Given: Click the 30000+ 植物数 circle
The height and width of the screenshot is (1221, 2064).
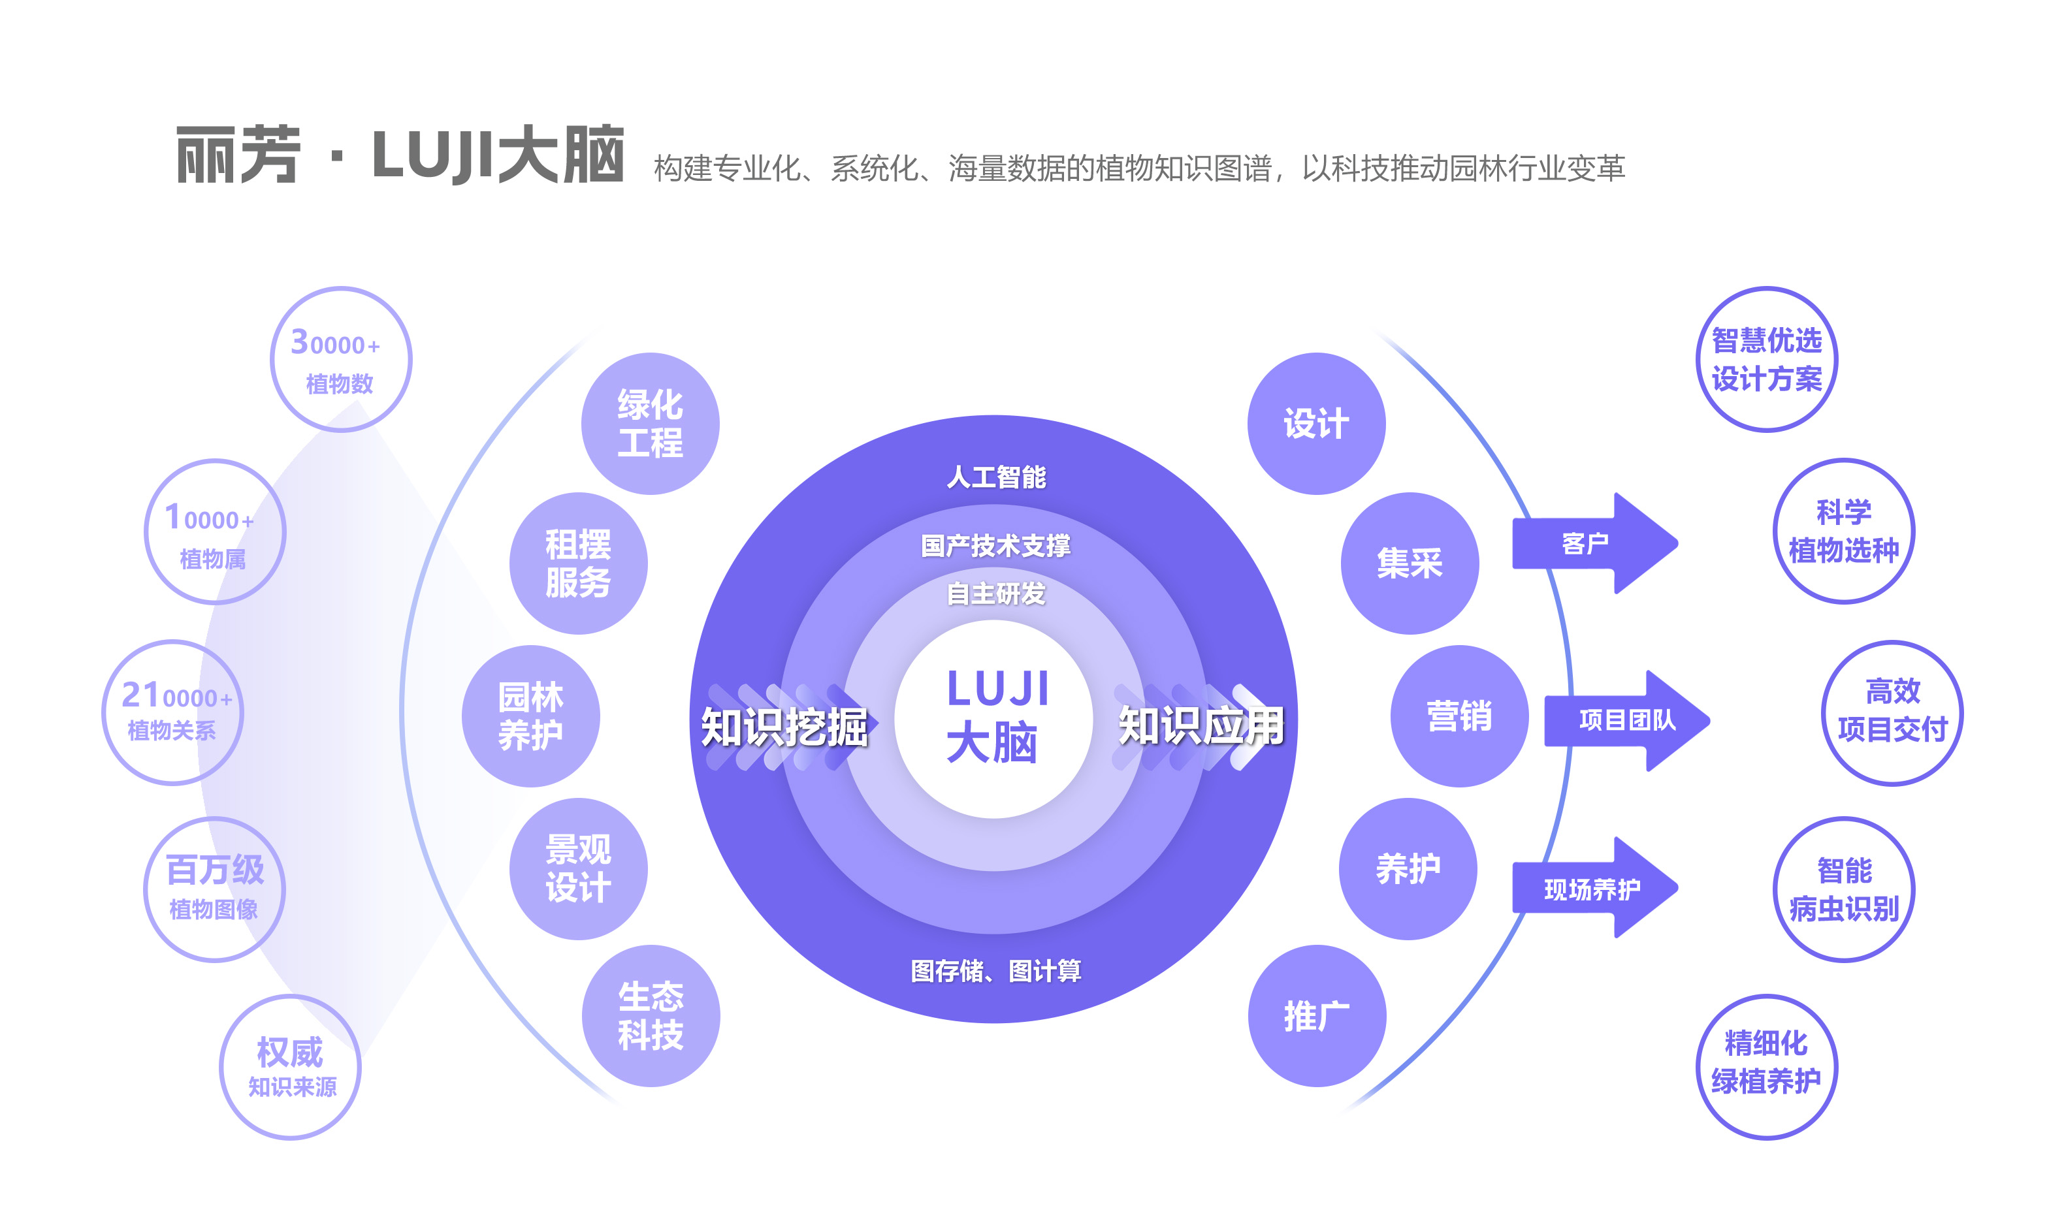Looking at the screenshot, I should [341, 360].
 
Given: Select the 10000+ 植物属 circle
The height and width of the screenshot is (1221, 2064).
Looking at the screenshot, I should [215, 532].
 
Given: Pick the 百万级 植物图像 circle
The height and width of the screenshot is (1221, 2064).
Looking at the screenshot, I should [215, 889].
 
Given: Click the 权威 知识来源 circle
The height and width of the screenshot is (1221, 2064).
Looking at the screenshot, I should [290, 1067].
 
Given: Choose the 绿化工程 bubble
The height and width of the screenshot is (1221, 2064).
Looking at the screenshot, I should [650, 424].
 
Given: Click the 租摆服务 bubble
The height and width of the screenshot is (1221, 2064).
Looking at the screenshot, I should [579, 563].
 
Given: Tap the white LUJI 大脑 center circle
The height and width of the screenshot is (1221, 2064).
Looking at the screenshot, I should [993, 719].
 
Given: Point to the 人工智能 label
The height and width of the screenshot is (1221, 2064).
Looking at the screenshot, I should [996, 477].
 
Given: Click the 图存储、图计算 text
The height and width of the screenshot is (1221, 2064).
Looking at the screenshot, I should [996, 971].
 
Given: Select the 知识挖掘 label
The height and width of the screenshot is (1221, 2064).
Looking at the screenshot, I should [784, 727].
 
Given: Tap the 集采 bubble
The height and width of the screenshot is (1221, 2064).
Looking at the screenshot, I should [1410, 563].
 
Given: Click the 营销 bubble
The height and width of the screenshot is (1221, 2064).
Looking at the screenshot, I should [1459, 716].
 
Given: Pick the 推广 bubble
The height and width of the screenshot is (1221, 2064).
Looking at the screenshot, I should [1317, 1016].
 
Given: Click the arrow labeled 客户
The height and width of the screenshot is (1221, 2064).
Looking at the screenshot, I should [1592, 543].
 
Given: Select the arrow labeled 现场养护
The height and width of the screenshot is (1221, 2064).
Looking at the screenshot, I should [1592, 889].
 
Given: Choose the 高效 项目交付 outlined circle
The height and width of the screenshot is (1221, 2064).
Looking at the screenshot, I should [1892, 712].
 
